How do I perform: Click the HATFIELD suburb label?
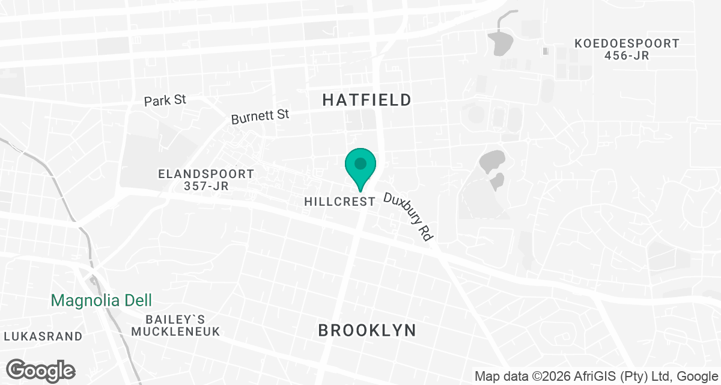point(367,100)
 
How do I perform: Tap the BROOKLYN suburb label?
point(367,330)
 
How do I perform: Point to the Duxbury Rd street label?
point(409,217)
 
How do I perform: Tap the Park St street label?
point(165,100)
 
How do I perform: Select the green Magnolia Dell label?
point(101,300)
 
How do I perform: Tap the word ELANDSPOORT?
point(206,174)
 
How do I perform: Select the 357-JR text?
point(206,186)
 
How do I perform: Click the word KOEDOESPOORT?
point(627,44)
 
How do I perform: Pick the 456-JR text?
point(627,56)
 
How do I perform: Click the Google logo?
point(41,371)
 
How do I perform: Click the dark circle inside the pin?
point(360,163)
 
